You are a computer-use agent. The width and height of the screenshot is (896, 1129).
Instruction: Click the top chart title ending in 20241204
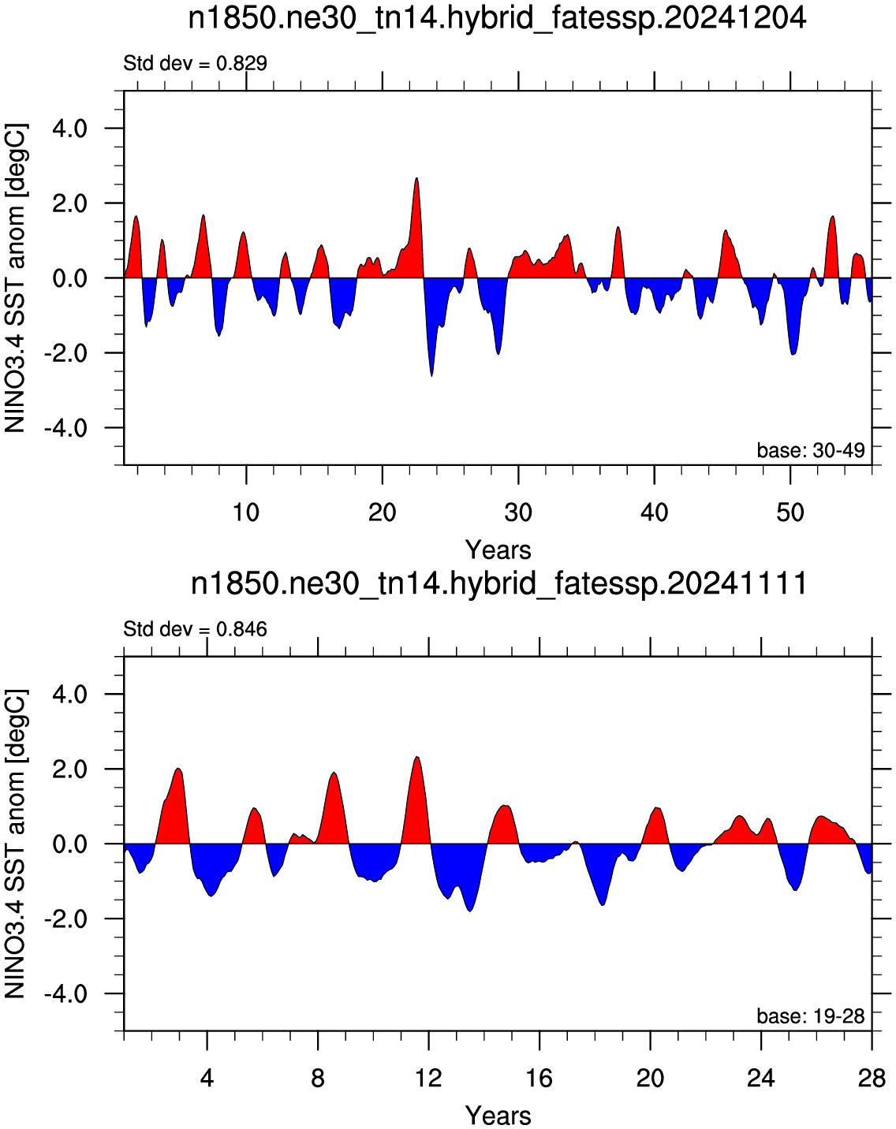click(x=497, y=19)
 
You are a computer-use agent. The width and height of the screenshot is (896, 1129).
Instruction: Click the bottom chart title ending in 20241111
click(x=498, y=583)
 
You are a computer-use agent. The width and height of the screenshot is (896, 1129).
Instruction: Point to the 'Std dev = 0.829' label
click(x=196, y=64)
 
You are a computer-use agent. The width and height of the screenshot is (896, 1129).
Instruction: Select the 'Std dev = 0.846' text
click(x=196, y=629)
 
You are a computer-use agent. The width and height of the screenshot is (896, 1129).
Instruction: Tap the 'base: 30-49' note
click(x=811, y=450)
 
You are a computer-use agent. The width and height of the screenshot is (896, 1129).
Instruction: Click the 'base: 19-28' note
click(x=811, y=1016)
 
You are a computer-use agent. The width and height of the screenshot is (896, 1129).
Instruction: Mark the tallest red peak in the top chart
click(x=416, y=178)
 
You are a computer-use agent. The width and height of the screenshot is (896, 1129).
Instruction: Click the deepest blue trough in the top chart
click(x=431, y=375)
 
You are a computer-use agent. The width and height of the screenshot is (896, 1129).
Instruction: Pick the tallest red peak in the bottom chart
click(x=417, y=757)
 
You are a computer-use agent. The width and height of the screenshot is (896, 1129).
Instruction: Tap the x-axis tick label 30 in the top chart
click(x=519, y=512)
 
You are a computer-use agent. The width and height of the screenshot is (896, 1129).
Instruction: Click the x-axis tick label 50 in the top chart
click(x=790, y=512)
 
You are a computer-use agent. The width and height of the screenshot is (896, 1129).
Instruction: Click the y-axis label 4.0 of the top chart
click(x=70, y=129)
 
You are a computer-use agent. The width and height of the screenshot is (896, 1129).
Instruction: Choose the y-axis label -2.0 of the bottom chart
click(x=65, y=919)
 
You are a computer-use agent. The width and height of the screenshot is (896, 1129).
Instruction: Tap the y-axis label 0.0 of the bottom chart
click(x=70, y=844)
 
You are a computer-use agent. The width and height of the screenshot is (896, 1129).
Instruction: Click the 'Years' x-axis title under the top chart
click(x=498, y=550)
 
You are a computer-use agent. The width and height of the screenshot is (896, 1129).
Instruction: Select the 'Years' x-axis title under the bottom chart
click(x=498, y=1116)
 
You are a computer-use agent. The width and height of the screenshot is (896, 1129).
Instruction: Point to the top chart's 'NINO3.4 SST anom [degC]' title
click(x=16, y=278)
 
